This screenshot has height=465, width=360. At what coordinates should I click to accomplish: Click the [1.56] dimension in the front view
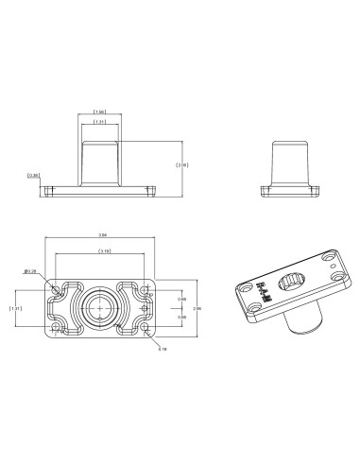[99, 112]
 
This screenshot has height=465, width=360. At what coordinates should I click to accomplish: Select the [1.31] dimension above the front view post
[99, 122]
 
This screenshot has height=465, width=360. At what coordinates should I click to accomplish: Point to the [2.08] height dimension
[182, 164]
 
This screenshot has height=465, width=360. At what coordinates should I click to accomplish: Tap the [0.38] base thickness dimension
[33, 175]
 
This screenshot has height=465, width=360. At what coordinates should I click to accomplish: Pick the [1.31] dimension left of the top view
[16, 308]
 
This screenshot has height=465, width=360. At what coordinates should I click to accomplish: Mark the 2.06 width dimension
[196, 308]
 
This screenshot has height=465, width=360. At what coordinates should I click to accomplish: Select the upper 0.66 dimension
[181, 299]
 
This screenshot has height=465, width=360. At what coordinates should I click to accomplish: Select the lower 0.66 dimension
[181, 317]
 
